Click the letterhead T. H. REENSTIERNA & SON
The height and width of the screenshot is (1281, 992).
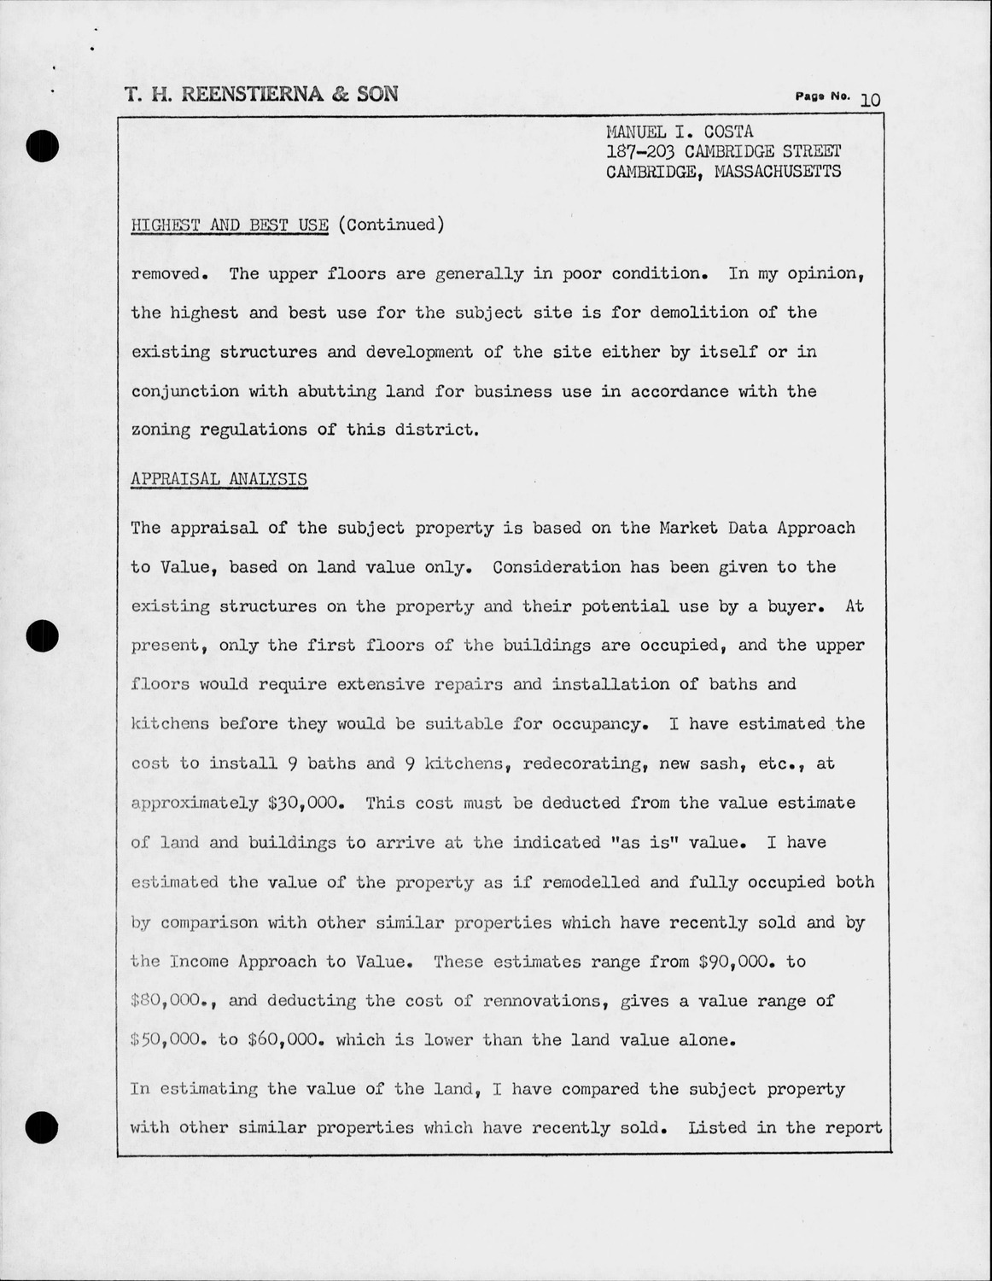(261, 94)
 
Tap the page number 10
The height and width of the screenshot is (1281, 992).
(871, 100)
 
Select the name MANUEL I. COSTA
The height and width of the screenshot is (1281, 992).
(680, 132)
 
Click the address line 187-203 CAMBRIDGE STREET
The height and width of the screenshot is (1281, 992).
(723, 152)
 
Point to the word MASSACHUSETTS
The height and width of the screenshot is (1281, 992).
(777, 172)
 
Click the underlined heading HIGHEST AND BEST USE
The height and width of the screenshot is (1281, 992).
(230, 225)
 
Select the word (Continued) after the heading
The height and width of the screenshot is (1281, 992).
(391, 225)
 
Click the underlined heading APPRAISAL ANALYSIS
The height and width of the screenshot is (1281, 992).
(219, 479)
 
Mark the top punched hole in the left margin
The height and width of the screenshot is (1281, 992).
(41, 146)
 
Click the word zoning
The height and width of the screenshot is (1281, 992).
(160, 430)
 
